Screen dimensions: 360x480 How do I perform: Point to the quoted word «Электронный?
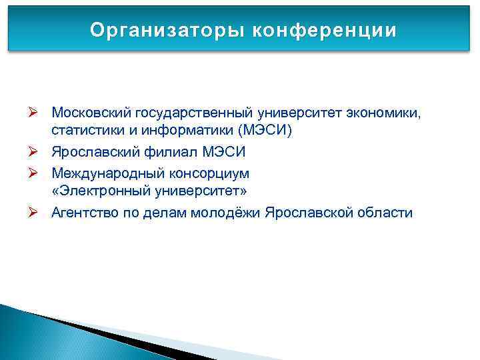click(95, 193)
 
